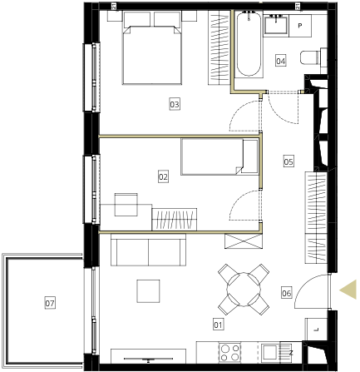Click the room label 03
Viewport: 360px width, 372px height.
pos(175,104)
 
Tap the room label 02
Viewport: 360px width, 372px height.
pos(163,176)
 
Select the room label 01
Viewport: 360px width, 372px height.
pos(218,325)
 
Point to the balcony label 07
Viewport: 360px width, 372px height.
pos(50,303)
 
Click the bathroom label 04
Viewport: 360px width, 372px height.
pos(281,61)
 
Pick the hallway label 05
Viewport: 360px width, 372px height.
pos(288,161)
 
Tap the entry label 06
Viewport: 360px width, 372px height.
pos(287,293)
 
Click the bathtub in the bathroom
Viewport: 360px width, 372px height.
pos(249,44)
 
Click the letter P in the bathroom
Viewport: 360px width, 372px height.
pos(299,26)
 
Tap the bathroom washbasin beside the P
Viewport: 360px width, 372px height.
pos(276,24)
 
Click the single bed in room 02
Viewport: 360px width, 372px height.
pos(219,156)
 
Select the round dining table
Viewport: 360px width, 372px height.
pos(244,290)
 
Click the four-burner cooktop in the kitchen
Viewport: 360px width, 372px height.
pos(229,351)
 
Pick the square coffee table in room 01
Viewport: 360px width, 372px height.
pos(148,291)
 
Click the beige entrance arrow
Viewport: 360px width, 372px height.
pos(348,290)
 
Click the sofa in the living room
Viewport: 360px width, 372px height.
pos(148,250)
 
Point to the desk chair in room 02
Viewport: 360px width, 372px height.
pos(126,205)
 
